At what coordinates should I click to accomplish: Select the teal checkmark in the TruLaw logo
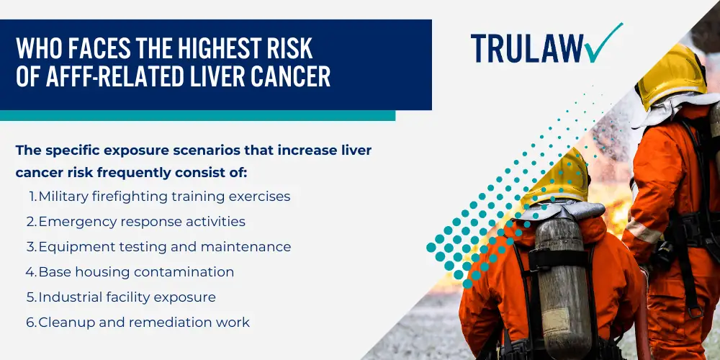(603, 42)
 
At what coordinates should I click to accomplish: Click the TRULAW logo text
(527, 48)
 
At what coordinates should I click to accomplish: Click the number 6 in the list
(30, 323)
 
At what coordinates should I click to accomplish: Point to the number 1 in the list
(32, 197)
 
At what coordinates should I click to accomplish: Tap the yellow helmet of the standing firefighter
(670, 76)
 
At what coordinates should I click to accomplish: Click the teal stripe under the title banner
(197, 115)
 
